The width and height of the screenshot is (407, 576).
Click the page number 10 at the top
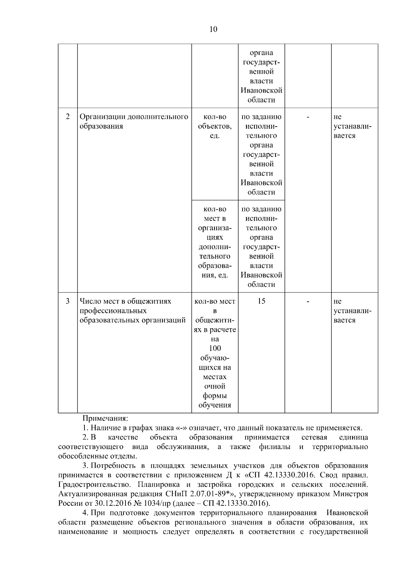click(213, 29)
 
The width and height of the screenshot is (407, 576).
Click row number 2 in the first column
click(67, 117)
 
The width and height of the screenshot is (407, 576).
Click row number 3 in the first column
click(67, 301)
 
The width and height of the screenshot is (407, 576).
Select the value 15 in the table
click(261, 301)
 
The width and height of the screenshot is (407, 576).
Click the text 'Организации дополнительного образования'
click(134, 122)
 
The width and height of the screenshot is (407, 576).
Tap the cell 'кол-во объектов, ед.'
click(215, 126)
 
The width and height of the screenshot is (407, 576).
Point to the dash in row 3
click(308, 301)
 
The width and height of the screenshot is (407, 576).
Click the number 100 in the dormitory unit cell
click(215, 348)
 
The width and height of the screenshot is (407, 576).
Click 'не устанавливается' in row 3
click(352, 311)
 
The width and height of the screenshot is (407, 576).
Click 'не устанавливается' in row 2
click(352, 126)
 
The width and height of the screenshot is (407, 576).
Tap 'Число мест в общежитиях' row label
click(125, 301)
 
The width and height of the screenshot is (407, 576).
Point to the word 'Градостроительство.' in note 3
click(91, 484)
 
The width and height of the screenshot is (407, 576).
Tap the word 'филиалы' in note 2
click(274, 447)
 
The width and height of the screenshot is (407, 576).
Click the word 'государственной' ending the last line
click(338, 532)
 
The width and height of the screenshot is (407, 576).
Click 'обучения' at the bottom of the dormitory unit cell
click(215, 405)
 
